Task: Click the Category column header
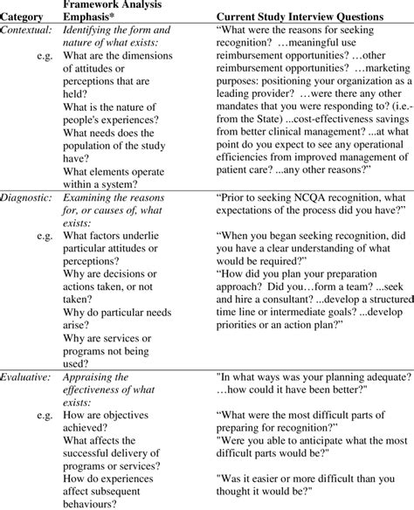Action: (x=26, y=17)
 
